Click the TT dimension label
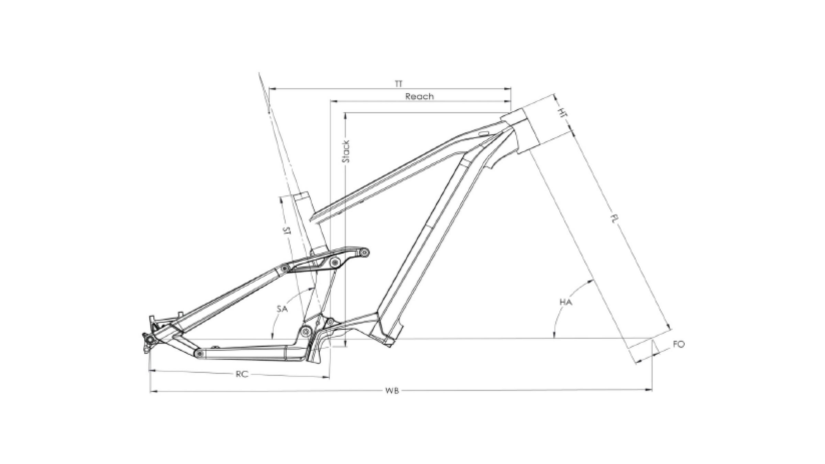398,84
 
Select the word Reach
419,97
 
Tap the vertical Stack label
346,151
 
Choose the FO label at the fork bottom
679,344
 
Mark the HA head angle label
566,302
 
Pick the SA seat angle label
282,309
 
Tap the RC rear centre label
242,374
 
